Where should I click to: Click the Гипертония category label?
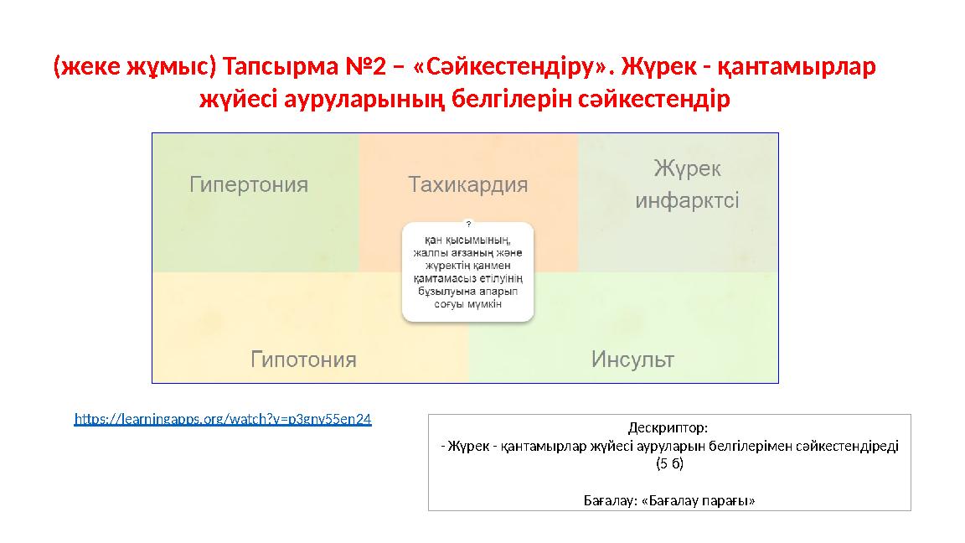(249, 184)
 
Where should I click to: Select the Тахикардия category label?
(467, 184)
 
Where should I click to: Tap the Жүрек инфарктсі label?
(687, 184)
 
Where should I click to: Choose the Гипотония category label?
(303, 359)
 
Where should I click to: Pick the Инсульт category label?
(632, 359)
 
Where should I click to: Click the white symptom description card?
(467, 271)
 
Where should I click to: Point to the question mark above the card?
(468, 224)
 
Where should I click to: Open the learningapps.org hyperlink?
(223, 419)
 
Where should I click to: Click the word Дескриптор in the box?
(667, 427)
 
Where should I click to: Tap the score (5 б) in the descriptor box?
(669, 463)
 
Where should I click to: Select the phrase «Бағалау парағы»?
(698, 500)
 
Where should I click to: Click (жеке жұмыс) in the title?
(135, 66)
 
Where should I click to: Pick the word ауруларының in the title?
(364, 99)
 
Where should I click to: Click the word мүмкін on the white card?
(484, 304)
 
